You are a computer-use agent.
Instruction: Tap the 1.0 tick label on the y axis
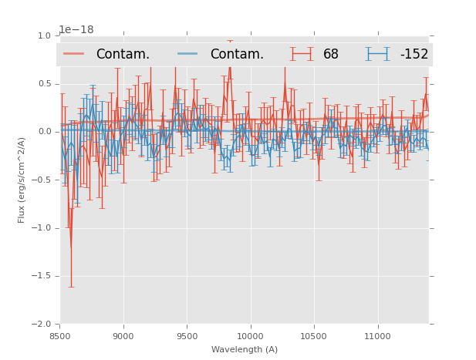(x=43, y=36)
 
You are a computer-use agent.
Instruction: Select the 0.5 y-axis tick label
(x=43, y=84)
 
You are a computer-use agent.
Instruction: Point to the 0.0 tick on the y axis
(x=43, y=132)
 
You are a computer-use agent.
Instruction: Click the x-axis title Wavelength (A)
(x=245, y=350)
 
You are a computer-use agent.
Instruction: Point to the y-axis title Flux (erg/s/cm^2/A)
(x=22, y=180)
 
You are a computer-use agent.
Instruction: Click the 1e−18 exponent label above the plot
(x=76, y=30)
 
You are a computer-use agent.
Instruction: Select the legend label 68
(x=331, y=55)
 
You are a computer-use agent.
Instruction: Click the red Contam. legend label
(x=123, y=55)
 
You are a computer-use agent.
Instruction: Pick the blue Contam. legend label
(x=237, y=55)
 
